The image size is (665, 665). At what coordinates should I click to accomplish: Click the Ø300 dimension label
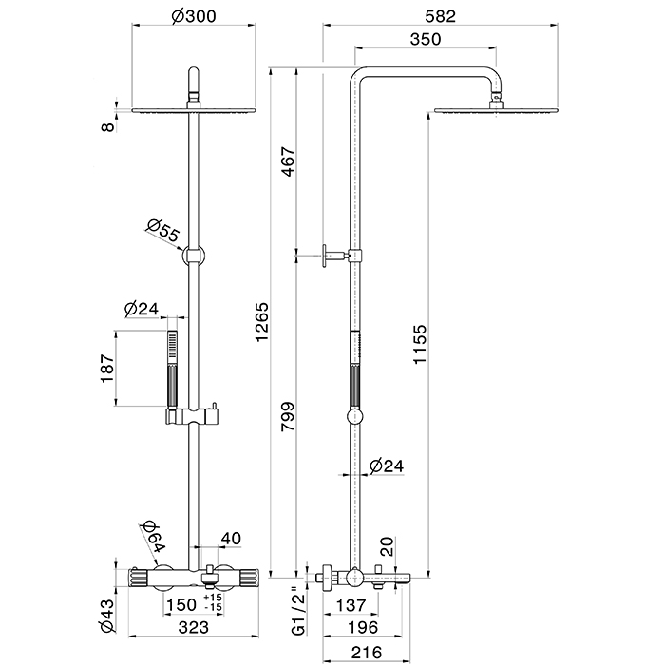(194, 16)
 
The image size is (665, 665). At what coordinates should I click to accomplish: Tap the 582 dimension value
(440, 16)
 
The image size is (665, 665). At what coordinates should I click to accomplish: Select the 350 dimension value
(426, 39)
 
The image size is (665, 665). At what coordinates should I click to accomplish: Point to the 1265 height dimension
(261, 321)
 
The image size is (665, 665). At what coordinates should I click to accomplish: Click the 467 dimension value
(288, 161)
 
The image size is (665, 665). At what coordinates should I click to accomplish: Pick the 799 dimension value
(288, 416)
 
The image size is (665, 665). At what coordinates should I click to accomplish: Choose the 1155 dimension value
(419, 344)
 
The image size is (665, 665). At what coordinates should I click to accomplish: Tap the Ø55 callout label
(162, 230)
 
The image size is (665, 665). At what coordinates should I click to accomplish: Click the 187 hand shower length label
(107, 368)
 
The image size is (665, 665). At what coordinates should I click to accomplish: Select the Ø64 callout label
(153, 536)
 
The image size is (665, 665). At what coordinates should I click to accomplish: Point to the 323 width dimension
(194, 627)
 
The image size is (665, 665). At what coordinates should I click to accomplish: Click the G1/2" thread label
(299, 611)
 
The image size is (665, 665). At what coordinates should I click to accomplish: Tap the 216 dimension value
(367, 652)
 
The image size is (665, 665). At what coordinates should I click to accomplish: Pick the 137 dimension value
(351, 605)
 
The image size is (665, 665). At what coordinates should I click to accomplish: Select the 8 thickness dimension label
(109, 126)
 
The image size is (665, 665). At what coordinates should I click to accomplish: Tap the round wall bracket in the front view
(194, 256)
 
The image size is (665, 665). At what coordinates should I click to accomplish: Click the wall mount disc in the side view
(325, 256)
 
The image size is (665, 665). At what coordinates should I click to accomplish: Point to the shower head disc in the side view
(496, 111)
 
